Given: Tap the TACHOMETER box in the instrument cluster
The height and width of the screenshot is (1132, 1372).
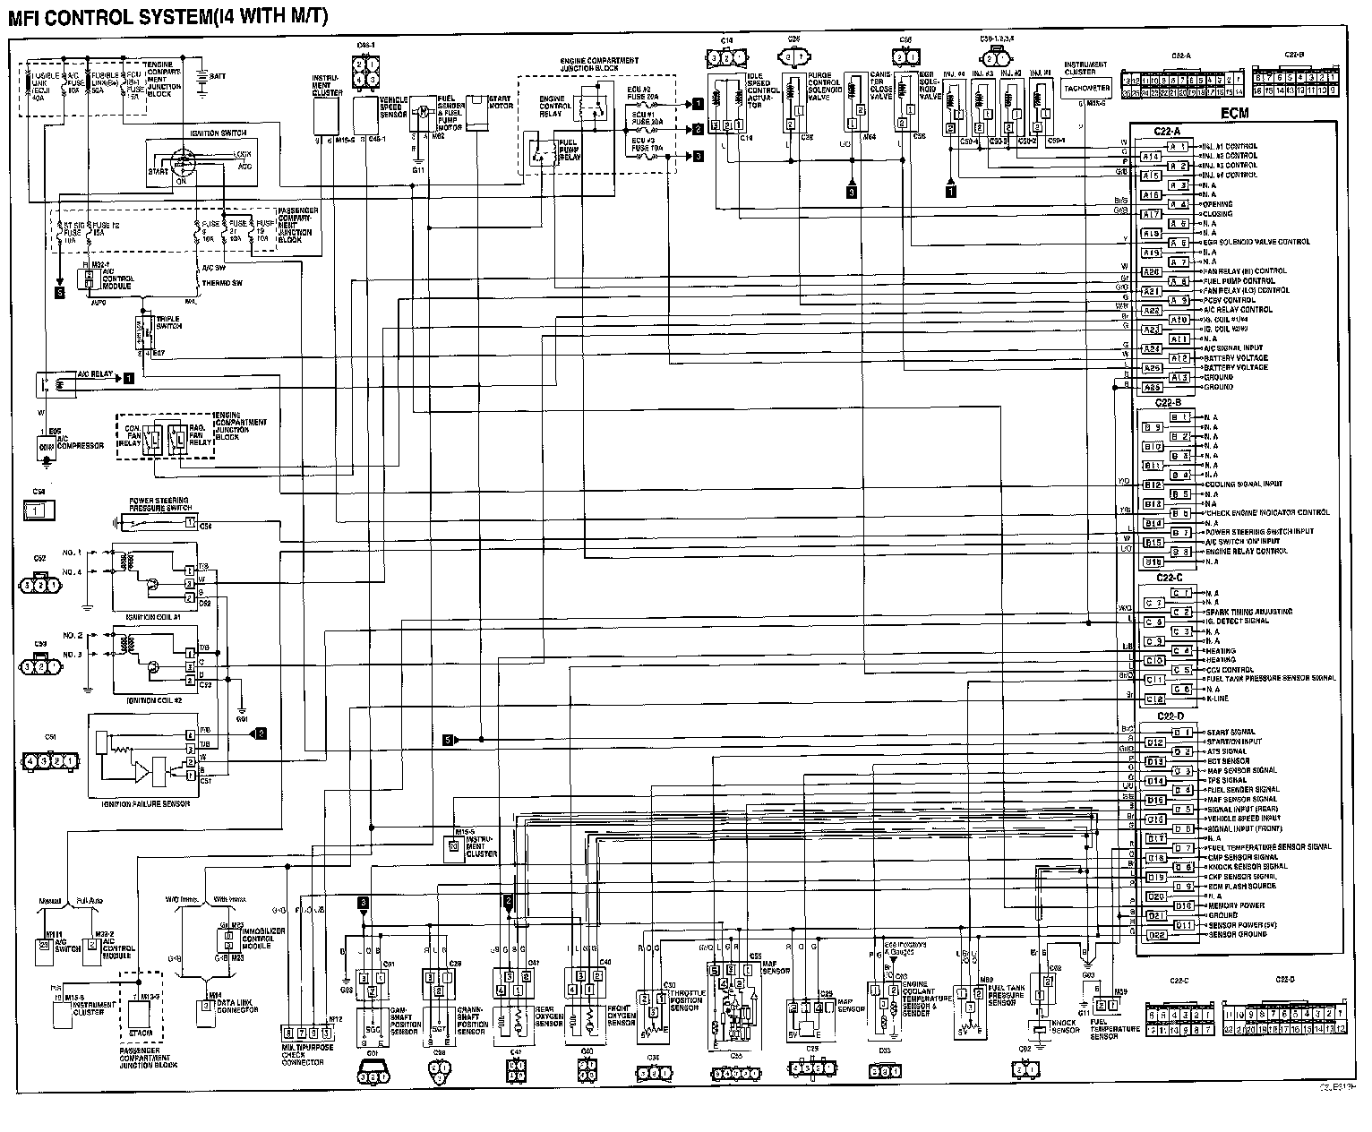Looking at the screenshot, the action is (x=1086, y=88).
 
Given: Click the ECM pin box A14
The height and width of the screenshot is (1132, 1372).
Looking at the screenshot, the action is (x=1151, y=156).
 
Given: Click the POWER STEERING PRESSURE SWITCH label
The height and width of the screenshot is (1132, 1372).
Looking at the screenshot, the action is (x=159, y=503).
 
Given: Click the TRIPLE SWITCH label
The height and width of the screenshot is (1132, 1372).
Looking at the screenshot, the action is (x=168, y=322).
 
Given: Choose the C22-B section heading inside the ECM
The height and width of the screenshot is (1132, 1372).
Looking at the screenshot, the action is (x=1169, y=403).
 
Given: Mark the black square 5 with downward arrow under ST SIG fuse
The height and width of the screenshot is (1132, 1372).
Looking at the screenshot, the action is (x=60, y=292).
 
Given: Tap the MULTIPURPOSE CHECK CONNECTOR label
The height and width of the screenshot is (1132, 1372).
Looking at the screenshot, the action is (x=303, y=1054).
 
